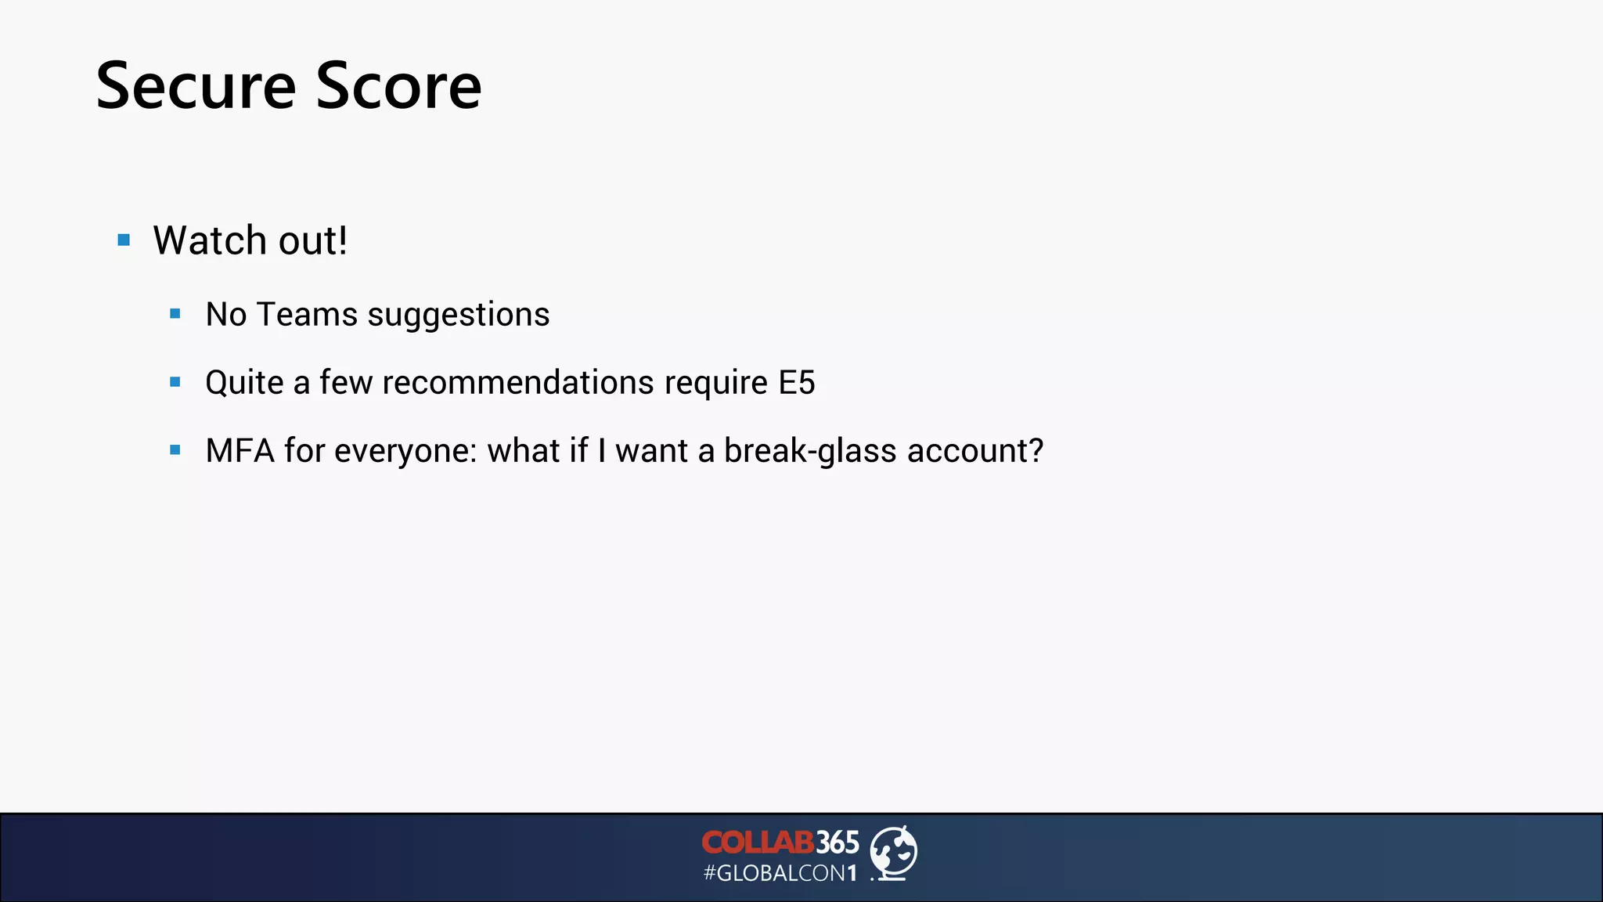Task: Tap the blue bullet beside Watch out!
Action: click(124, 240)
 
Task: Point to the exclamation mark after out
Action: click(341, 240)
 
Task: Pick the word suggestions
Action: click(459, 315)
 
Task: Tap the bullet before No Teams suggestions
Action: click(175, 315)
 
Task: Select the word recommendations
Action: click(518, 383)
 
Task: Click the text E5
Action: click(796, 383)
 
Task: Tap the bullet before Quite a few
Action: click(175, 383)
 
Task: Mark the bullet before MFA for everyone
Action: click(175, 451)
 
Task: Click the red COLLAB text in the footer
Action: click(758, 842)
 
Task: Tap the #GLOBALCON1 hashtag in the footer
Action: click(780, 873)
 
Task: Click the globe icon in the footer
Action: click(894, 853)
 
